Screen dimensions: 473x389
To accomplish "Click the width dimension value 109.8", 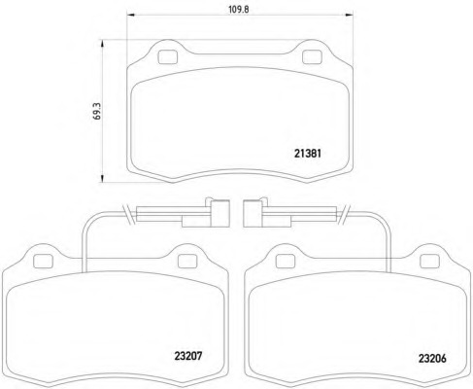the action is [x=239, y=9].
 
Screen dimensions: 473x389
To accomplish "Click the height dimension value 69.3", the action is [x=97, y=111].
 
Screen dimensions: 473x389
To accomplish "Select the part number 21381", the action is [x=308, y=154].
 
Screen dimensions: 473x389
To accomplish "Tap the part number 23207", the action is [x=188, y=356].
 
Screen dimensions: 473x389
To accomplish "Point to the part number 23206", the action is [x=432, y=358].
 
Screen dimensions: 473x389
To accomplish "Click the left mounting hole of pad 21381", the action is [x=168, y=57].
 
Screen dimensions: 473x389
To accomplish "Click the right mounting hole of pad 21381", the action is [x=312, y=57].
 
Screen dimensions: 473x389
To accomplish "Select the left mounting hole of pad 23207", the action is [x=43, y=262].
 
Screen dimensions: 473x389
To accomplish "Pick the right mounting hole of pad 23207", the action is [x=187, y=262].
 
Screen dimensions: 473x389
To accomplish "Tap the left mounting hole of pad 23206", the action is [x=286, y=262].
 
